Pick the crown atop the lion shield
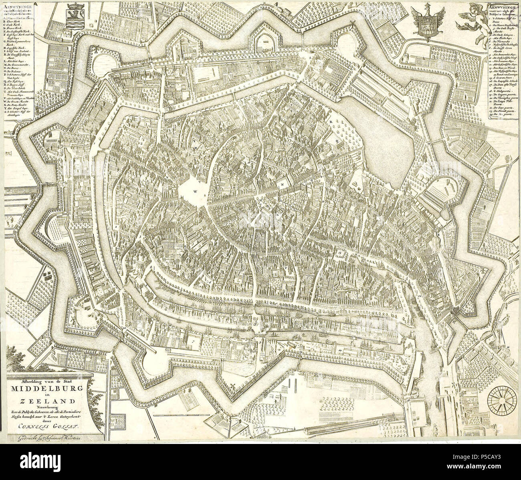coord(74,7)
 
